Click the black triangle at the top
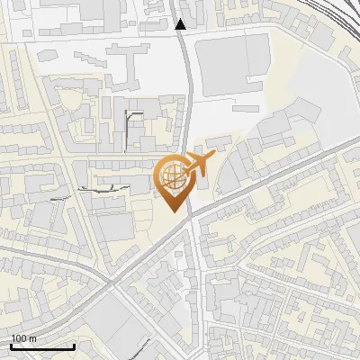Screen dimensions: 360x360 [x=181, y=24]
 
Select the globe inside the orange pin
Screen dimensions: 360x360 [x=171, y=177]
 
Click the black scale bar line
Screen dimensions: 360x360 [x=42, y=346]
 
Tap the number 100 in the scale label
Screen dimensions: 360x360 [x=19, y=338]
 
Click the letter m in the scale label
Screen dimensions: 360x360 [x=32, y=338]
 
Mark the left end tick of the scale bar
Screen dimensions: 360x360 [x=11, y=345]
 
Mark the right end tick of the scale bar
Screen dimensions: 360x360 [x=74, y=345]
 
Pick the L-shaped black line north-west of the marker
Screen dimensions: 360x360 [x=130, y=121]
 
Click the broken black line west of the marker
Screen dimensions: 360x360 [x=99, y=188]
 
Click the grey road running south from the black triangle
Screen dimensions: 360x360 [x=187, y=90]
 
